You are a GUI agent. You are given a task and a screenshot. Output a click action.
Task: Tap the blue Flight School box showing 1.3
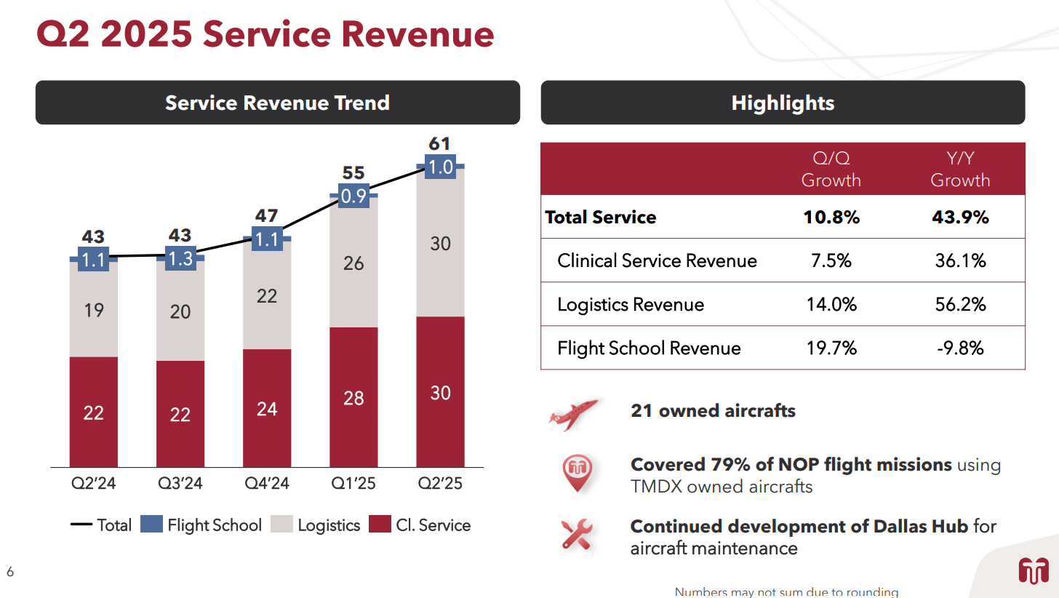pyautogui.click(x=180, y=258)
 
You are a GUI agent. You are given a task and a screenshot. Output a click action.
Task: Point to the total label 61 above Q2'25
pyautogui.click(x=440, y=143)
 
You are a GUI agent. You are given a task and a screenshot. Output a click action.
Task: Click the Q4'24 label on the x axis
pyautogui.click(x=267, y=483)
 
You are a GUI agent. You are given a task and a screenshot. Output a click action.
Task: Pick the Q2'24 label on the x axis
pyautogui.click(x=93, y=483)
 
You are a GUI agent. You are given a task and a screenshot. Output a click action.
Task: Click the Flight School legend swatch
pyautogui.click(x=151, y=525)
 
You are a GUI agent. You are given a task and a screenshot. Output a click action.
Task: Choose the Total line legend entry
pyautogui.click(x=101, y=525)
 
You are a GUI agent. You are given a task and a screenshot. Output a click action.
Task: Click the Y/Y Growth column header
pyautogui.click(x=960, y=170)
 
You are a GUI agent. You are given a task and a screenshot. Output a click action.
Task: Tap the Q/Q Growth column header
pyautogui.click(x=831, y=170)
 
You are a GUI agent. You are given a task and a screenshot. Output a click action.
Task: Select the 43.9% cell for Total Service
pyautogui.click(x=960, y=218)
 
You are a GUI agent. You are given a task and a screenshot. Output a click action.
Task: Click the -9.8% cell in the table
pyautogui.click(x=960, y=348)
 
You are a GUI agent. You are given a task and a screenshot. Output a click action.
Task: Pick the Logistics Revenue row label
pyautogui.click(x=631, y=305)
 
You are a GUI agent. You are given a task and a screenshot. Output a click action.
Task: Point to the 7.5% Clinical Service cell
pyautogui.click(x=831, y=261)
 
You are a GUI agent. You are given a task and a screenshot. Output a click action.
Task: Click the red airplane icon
pyautogui.click(x=573, y=414)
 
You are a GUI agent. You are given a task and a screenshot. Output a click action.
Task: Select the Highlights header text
pyautogui.click(x=783, y=103)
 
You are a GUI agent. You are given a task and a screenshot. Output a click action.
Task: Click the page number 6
pyautogui.click(x=10, y=572)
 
